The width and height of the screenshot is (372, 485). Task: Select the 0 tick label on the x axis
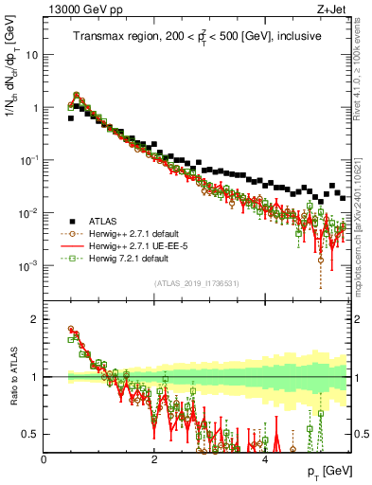(44, 458)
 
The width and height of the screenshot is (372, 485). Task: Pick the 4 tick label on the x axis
(264, 458)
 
